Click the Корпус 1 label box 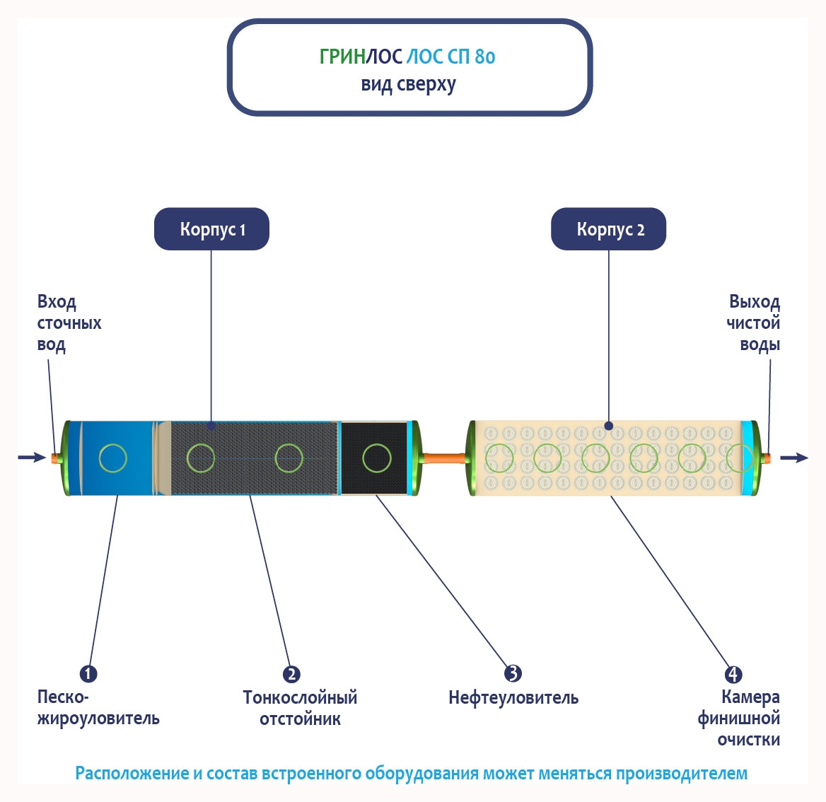point(211,229)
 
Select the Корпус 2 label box point(609,229)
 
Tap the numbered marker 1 point(88,673)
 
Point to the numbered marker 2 point(291,674)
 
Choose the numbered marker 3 point(513,673)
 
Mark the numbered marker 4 point(733,674)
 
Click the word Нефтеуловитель point(513,698)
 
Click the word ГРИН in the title point(342,57)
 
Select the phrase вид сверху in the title point(409,84)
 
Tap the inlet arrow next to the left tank point(32,458)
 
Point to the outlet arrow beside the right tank point(794,458)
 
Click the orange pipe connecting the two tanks point(444,458)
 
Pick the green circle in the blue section point(113,458)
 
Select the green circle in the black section point(376,458)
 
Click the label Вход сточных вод point(69,323)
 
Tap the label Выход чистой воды point(754,323)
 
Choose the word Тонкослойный point(300,697)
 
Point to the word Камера point(750,697)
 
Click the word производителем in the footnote point(681,773)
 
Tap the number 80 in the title point(484,57)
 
